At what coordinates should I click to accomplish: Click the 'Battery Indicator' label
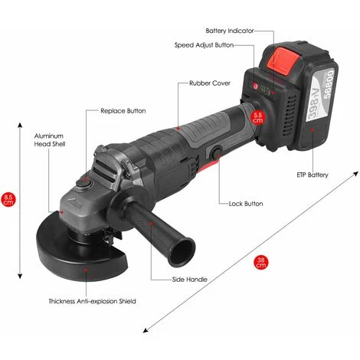click(230, 31)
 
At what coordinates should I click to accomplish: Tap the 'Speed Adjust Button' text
click(204, 45)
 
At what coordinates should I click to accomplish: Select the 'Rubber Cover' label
click(210, 83)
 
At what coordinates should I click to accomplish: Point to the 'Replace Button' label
click(123, 111)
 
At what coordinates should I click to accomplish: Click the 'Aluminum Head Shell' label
click(50, 140)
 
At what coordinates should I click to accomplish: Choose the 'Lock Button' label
click(246, 204)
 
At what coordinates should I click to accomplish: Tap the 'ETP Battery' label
click(313, 175)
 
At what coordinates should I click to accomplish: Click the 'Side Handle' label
click(190, 280)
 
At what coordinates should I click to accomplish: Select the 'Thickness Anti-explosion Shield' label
click(92, 301)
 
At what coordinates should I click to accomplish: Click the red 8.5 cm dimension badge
click(8, 200)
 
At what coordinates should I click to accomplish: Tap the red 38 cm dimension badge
click(261, 263)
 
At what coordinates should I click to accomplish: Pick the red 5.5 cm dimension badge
click(257, 117)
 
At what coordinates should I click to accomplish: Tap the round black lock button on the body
click(216, 153)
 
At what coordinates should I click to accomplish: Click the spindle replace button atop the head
click(83, 182)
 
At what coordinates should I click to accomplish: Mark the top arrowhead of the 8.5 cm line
click(20, 125)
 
